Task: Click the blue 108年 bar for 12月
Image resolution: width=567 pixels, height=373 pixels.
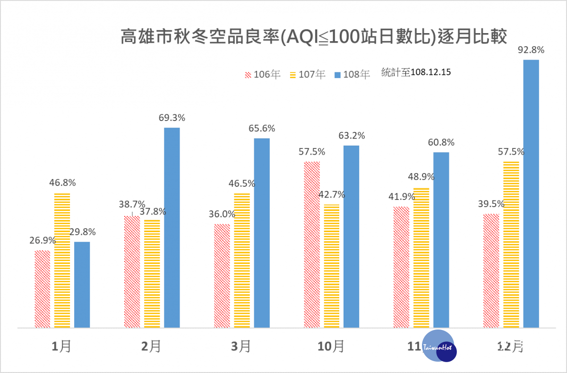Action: (x=531, y=194)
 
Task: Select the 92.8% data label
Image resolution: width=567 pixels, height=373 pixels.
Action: (x=531, y=50)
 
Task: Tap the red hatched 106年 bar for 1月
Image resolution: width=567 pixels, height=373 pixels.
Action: (x=42, y=289)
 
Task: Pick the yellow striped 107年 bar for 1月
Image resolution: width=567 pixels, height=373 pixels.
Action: (x=62, y=260)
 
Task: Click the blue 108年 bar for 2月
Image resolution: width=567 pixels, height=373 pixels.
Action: (x=172, y=228)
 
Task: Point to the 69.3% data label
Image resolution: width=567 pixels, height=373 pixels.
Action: (x=172, y=118)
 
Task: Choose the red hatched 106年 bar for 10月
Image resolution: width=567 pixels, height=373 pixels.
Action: (x=312, y=244)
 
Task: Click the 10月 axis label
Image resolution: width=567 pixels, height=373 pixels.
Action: (x=331, y=347)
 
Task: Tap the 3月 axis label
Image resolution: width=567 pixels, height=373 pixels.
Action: (x=241, y=347)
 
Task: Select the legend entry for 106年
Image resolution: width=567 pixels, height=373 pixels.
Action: (x=263, y=74)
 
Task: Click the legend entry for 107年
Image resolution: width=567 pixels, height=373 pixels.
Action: (x=308, y=74)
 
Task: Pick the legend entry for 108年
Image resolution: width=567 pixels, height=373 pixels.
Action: (x=352, y=74)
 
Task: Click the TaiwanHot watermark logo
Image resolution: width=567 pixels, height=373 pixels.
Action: (x=439, y=346)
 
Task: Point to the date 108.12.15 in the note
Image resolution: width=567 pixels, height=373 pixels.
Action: (x=430, y=72)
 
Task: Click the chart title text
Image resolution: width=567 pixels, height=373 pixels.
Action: (x=313, y=37)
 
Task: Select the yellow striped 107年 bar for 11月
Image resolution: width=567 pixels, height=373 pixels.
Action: (x=421, y=258)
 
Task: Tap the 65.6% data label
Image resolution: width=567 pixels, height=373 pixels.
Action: (x=262, y=129)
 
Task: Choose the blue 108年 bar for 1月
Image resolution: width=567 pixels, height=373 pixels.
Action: (x=82, y=285)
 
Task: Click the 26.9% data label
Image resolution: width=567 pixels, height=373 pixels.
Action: (x=43, y=240)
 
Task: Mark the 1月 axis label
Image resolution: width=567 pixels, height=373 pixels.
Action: (x=61, y=347)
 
